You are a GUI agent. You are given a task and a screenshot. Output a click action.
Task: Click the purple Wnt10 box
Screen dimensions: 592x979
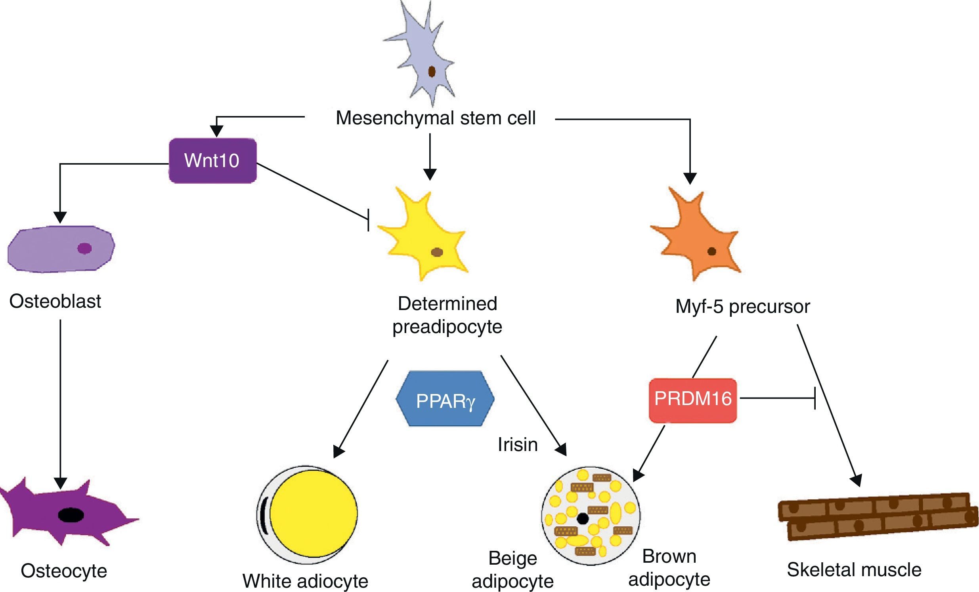point(212,161)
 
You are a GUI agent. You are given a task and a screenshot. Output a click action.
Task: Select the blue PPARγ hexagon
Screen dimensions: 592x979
point(445,399)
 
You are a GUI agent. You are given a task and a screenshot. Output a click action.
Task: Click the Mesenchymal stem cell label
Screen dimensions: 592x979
point(436,118)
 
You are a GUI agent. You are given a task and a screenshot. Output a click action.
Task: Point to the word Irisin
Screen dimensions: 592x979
point(517,445)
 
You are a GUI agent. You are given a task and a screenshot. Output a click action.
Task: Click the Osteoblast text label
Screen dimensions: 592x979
point(55,301)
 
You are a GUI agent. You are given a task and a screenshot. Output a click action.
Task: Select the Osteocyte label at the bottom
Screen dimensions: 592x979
point(64,571)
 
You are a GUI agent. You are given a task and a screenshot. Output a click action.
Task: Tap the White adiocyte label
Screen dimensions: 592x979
point(305,581)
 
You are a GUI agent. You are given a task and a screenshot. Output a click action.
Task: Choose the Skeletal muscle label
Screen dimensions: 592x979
point(854,570)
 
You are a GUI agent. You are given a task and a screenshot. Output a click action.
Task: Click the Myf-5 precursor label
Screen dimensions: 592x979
point(742,306)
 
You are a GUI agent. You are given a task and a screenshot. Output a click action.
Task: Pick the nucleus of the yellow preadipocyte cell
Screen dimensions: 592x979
point(437,252)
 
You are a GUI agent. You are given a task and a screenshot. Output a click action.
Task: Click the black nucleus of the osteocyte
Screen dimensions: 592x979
point(71,514)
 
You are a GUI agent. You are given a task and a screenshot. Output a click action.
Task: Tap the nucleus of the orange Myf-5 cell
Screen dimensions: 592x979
point(711,251)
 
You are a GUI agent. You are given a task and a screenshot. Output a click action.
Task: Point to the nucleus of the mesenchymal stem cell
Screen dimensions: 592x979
point(432,72)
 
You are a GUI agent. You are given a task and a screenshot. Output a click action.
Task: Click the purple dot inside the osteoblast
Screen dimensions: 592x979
point(85,249)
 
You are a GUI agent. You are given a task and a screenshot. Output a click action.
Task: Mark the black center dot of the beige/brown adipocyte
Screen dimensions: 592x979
point(583,519)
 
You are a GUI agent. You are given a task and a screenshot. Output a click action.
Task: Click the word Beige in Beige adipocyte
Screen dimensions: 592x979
point(512,558)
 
